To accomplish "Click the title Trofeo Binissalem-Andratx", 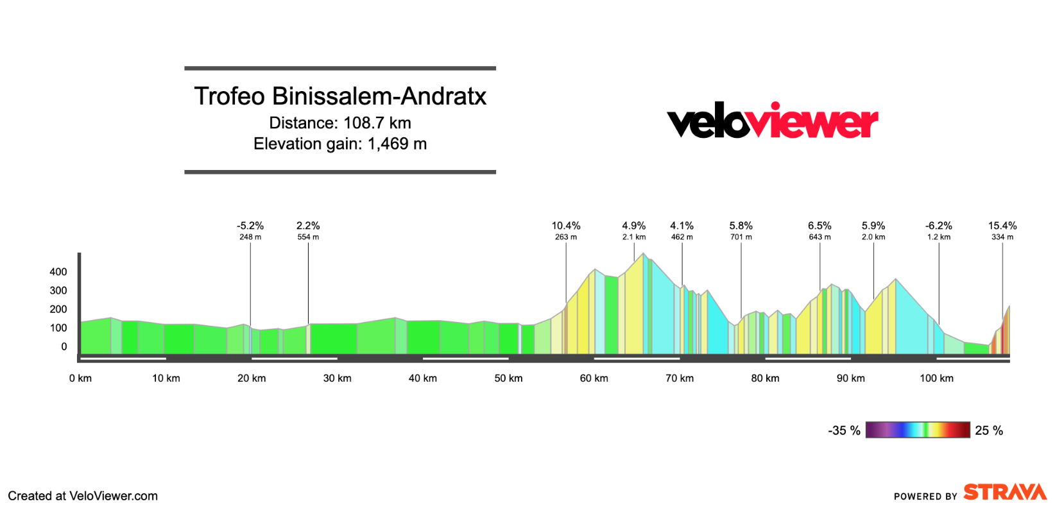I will point(340,96).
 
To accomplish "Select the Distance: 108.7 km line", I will point(340,123).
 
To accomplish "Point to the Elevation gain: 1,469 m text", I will point(340,144).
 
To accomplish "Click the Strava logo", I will point(1005,492).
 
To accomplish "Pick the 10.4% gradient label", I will point(565,226).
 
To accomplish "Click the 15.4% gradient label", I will point(1002,226).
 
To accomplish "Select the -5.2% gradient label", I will point(250,226).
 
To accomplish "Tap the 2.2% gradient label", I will point(308,226).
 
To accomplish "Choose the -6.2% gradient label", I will point(938,226).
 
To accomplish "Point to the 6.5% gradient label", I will point(819,226).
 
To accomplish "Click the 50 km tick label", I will point(508,378).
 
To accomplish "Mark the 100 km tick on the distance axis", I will point(936,378).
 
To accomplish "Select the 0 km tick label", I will point(80,378).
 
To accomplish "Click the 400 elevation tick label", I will point(58,272).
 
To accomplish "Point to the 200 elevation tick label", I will point(58,309).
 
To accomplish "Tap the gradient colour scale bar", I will point(917,430).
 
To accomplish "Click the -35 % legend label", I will point(844,430).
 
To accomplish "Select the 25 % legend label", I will point(989,430).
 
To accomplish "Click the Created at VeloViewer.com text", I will point(83,496).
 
